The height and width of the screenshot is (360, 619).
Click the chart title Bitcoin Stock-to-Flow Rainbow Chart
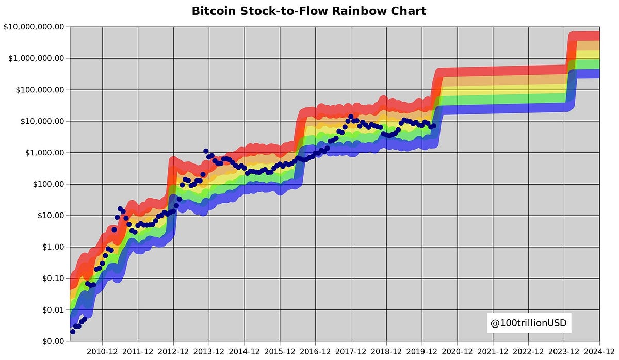(x=309, y=11)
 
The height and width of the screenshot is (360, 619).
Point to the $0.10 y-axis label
(x=50, y=279)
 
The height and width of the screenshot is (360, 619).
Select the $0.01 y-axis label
(x=50, y=310)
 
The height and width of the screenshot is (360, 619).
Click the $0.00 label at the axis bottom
(x=50, y=341)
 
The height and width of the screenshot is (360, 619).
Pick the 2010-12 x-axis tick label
(x=102, y=351)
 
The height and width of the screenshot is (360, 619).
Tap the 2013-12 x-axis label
(x=209, y=351)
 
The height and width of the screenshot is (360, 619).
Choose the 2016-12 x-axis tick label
(x=315, y=351)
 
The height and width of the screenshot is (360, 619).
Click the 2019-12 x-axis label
(x=422, y=351)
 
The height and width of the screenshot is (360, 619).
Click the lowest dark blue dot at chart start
(x=73, y=332)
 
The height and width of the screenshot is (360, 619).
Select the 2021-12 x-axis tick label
(x=493, y=351)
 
